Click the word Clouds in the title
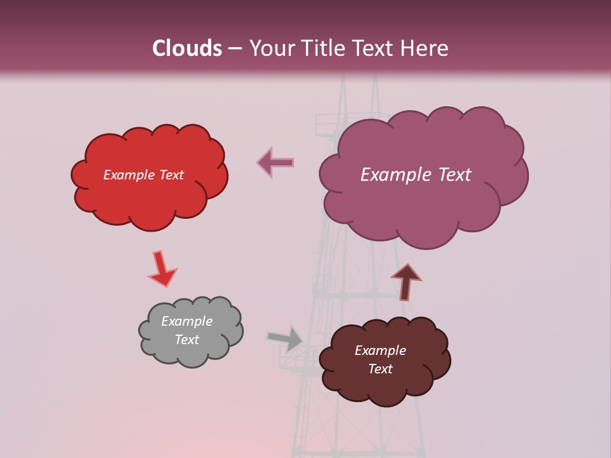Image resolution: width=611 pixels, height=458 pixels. click(x=186, y=48)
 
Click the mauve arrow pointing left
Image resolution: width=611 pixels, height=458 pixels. click(x=275, y=162)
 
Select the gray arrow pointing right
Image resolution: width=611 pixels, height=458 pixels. click(x=286, y=338)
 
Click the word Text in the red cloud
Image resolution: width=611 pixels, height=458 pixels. click(x=171, y=175)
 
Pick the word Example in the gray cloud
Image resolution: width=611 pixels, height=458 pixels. click(x=187, y=321)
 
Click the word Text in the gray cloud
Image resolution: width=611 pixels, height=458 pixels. click(x=187, y=340)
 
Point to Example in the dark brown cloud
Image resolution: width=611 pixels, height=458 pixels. click(x=381, y=350)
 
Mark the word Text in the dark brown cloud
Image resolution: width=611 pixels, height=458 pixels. click(x=381, y=369)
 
